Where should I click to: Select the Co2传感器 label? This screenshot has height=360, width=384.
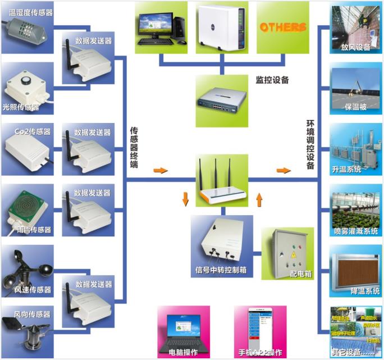pyautogui.click(x=32, y=132)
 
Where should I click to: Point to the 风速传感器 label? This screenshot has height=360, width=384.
pyautogui.click(x=33, y=290)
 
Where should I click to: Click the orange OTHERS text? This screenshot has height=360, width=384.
pyautogui.click(x=282, y=27)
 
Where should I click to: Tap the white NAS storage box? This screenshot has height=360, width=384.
pyautogui.click(x=221, y=27)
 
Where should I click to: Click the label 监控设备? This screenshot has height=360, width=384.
pyautogui.click(x=272, y=80)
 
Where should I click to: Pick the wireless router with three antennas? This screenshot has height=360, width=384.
pyautogui.click(x=222, y=183)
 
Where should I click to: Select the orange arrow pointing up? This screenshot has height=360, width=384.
pyautogui.click(x=259, y=199)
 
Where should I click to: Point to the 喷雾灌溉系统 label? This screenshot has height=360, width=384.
pyautogui.click(x=356, y=231)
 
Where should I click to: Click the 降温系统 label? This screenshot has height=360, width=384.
pyautogui.click(x=361, y=291)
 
